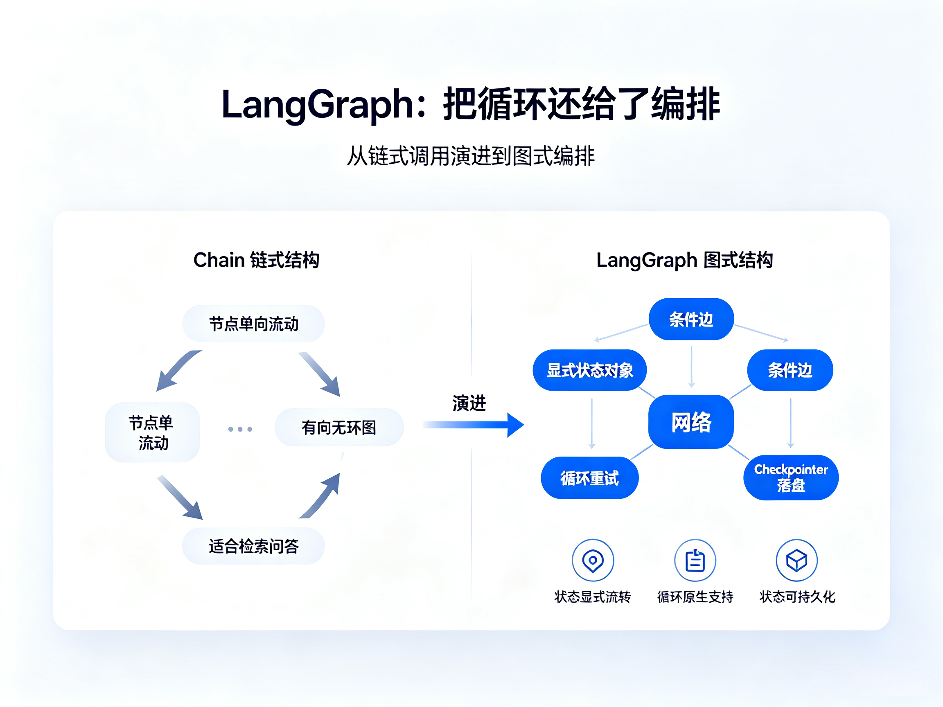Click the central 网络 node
[x=690, y=422]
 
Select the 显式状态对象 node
[x=590, y=370]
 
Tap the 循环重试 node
[x=590, y=478]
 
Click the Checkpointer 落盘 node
[x=791, y=477]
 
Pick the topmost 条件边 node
[x=691, y=319]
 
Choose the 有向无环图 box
[x=339, y=427]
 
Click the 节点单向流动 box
[x=253, y=324]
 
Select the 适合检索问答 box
[x=253, y=546]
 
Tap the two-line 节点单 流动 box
[x=152, y=432]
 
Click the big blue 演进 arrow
[x=473, y=425]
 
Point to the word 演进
[x=469, y=403]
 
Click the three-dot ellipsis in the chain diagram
[x=240, y=429]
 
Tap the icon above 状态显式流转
[x=593, y=560]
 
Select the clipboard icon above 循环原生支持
[x=695, y=560]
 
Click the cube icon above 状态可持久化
[x=796, y=560]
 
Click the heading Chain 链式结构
[x=256, y=260]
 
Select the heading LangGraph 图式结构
[x=684, y=260]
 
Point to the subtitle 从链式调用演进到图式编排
[x=471, y=155]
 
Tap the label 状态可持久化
[x=797, y=597]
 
